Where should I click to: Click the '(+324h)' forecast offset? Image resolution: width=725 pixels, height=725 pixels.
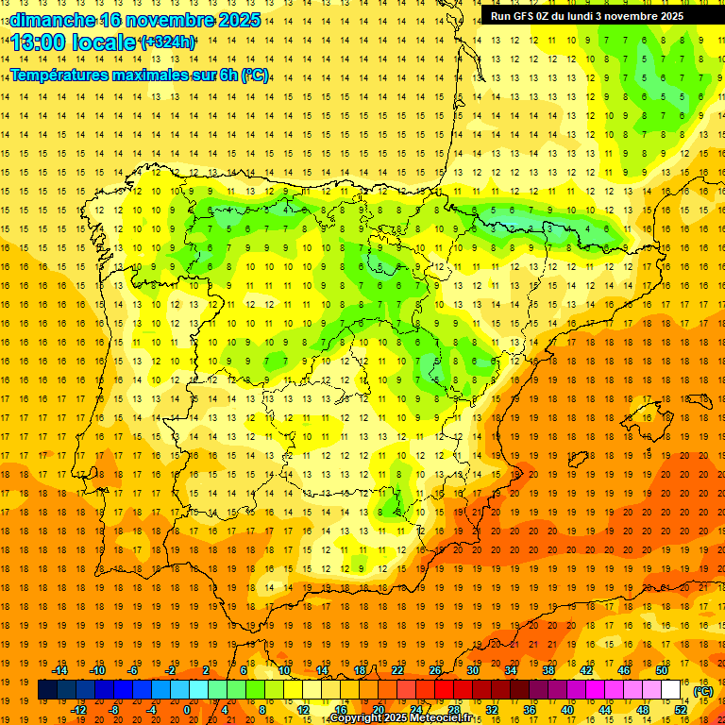pyautogui.click(x=167, y=42)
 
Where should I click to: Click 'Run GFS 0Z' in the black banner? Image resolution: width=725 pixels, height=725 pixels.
pyautogui.click(x=523, y=16)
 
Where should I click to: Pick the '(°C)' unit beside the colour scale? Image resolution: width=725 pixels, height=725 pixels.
pyautogui.click(x=702, y=691)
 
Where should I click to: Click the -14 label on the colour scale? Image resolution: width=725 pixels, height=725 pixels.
pyautogui.click(x=59, y=670)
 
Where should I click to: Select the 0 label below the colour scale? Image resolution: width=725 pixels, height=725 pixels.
pyautogui.click(x=187, y=710)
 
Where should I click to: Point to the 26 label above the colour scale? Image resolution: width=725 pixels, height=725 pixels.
pyautogui.click(x=435, y=670)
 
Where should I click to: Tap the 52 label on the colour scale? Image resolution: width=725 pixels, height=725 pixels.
pyautogui.click(x=681, y=710)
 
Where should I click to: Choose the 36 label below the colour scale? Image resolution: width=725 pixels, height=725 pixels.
pyautogui.click(x=529, y=710)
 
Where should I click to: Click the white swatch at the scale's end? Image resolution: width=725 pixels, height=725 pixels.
pyautogui.click(x=670, y=690)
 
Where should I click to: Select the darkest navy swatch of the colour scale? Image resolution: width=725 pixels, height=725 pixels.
pyautogui.click(x=47, y=690)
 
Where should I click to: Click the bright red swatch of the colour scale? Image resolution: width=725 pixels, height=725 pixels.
pyautogui.click(x=444, y=690)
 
